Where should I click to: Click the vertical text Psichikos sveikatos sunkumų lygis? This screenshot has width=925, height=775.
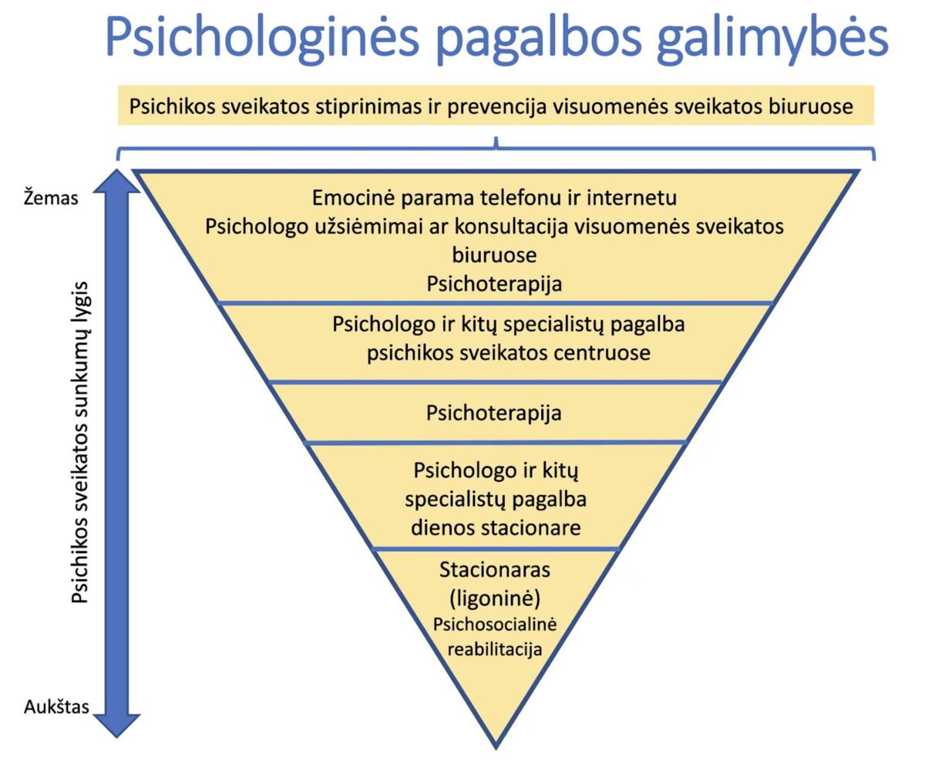pos(81,443)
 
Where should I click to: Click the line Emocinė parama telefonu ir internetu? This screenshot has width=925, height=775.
pos(494,197)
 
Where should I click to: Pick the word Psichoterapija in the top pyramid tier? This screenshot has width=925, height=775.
pos(494,284)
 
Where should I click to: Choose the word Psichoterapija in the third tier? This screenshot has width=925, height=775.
pos(494,413)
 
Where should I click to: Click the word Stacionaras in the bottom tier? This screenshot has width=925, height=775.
pos(495,571)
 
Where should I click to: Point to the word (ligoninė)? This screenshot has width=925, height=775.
pos(495,598)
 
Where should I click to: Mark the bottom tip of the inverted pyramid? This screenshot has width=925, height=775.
pos(496,746)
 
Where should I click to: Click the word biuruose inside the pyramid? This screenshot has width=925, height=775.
pos(494,254)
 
